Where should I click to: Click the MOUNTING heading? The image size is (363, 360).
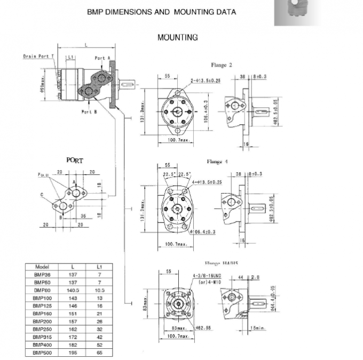point(177,37)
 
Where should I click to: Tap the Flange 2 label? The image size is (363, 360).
point(222,66)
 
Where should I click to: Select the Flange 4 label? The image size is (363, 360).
point(218,162)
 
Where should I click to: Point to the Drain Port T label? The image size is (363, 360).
point(38,56)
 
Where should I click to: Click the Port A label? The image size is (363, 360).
point(102,58)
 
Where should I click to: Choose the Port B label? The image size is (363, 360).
point(89,111)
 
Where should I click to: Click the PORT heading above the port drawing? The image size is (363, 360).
point(75,159)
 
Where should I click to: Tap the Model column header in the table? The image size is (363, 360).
point(42,266)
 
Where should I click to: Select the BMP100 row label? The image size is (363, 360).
point(42,299)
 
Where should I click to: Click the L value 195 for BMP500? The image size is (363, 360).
point(73,353)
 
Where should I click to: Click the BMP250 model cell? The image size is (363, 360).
point(42,330)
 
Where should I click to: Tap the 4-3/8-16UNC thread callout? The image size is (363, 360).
point(209,276)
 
